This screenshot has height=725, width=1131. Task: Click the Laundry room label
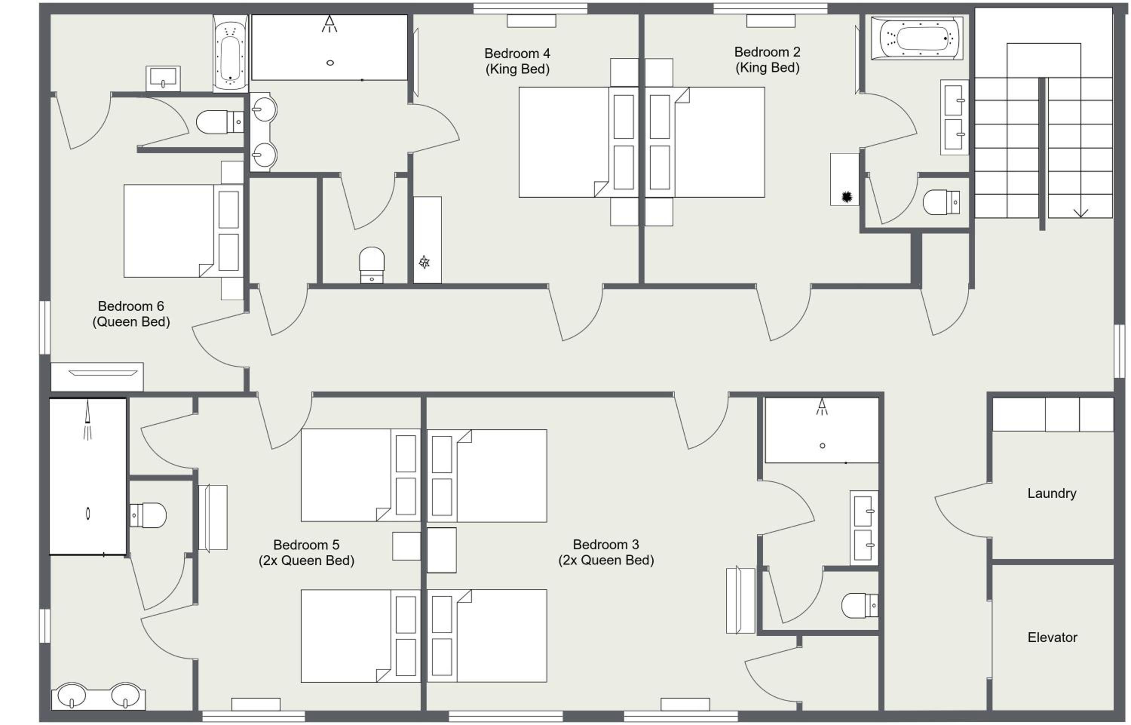pyautogui.click(x=1051, y=494)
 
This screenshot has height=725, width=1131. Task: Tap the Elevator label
pyautogui.click(x=1052, y=637)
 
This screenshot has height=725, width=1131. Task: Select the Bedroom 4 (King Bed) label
pyautogui.click(x=517, y=61)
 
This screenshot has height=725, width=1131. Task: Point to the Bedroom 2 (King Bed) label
pyautogui.click(x=767, y=60)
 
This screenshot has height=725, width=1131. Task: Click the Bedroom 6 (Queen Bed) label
pyautogui.click(x=131, y=314)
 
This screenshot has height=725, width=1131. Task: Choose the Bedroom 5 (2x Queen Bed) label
pyautogui.click(x=306, y=553)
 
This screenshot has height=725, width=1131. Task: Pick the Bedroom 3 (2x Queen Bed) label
pyautogui.click(x=606, y=552)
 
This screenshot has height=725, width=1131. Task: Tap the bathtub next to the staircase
pyautogui.click(x=916, y=38)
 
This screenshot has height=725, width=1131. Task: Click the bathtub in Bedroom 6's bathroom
pyautogui.click(x=230, y=53)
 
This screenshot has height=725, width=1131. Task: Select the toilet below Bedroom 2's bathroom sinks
pyautogui.click(x=941, y=202)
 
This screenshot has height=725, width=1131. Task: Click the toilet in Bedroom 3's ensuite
pyautogui.click(x=859, y=605)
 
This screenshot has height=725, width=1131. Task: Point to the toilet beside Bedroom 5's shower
pyautogui.click(x=148, y=515)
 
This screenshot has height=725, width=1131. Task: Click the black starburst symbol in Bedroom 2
pyautogui.click(x=847, y=196)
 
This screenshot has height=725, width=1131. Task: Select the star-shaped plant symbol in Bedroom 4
pyautogui.click(x=424, y=262)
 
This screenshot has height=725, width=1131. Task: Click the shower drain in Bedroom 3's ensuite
pyautogui.click(x=822, y=445)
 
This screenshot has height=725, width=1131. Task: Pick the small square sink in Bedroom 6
pyautogui.click(x=163, y=78)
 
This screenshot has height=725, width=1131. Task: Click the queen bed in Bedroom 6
pyautogui.click(x=184, y=231)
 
